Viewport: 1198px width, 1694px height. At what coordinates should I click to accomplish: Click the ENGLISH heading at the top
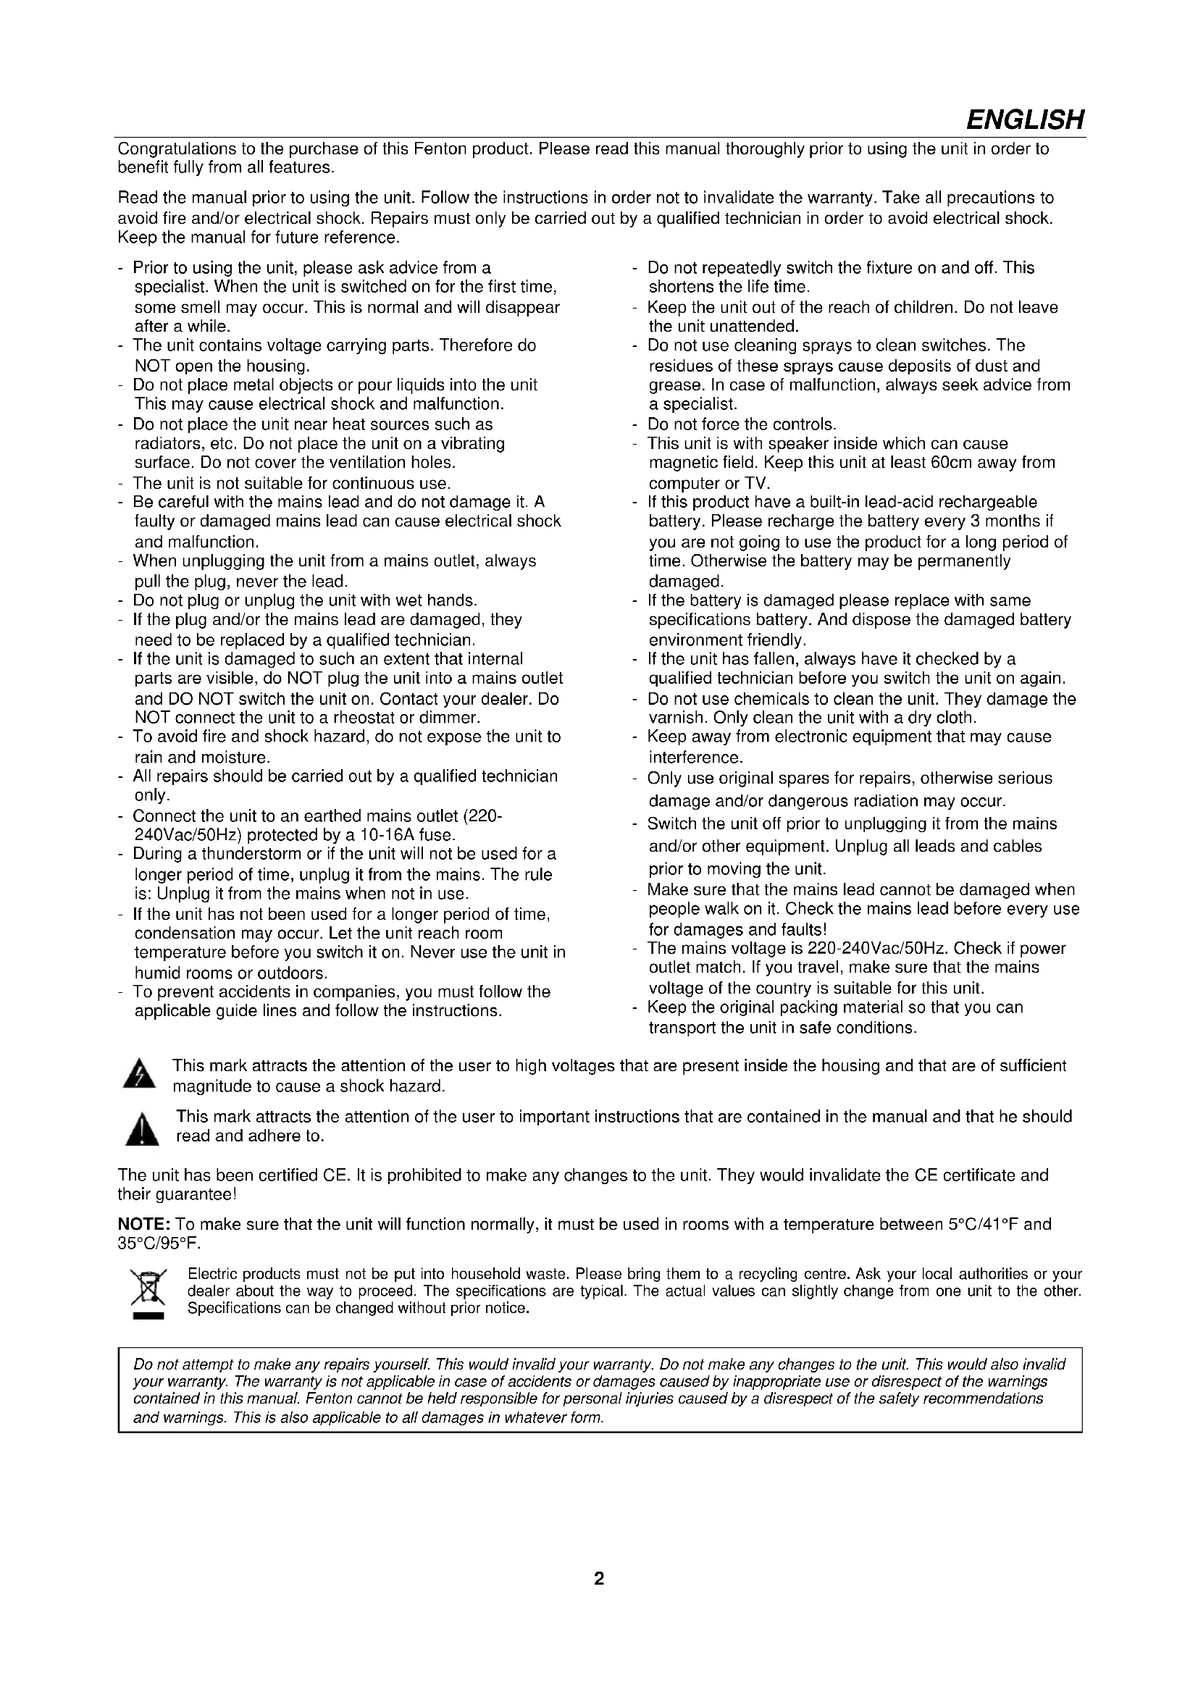point(1025,119)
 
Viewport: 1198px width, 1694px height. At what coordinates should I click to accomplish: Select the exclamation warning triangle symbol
point(142,1128)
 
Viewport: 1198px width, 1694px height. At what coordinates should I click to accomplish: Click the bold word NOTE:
point(145,1224)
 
